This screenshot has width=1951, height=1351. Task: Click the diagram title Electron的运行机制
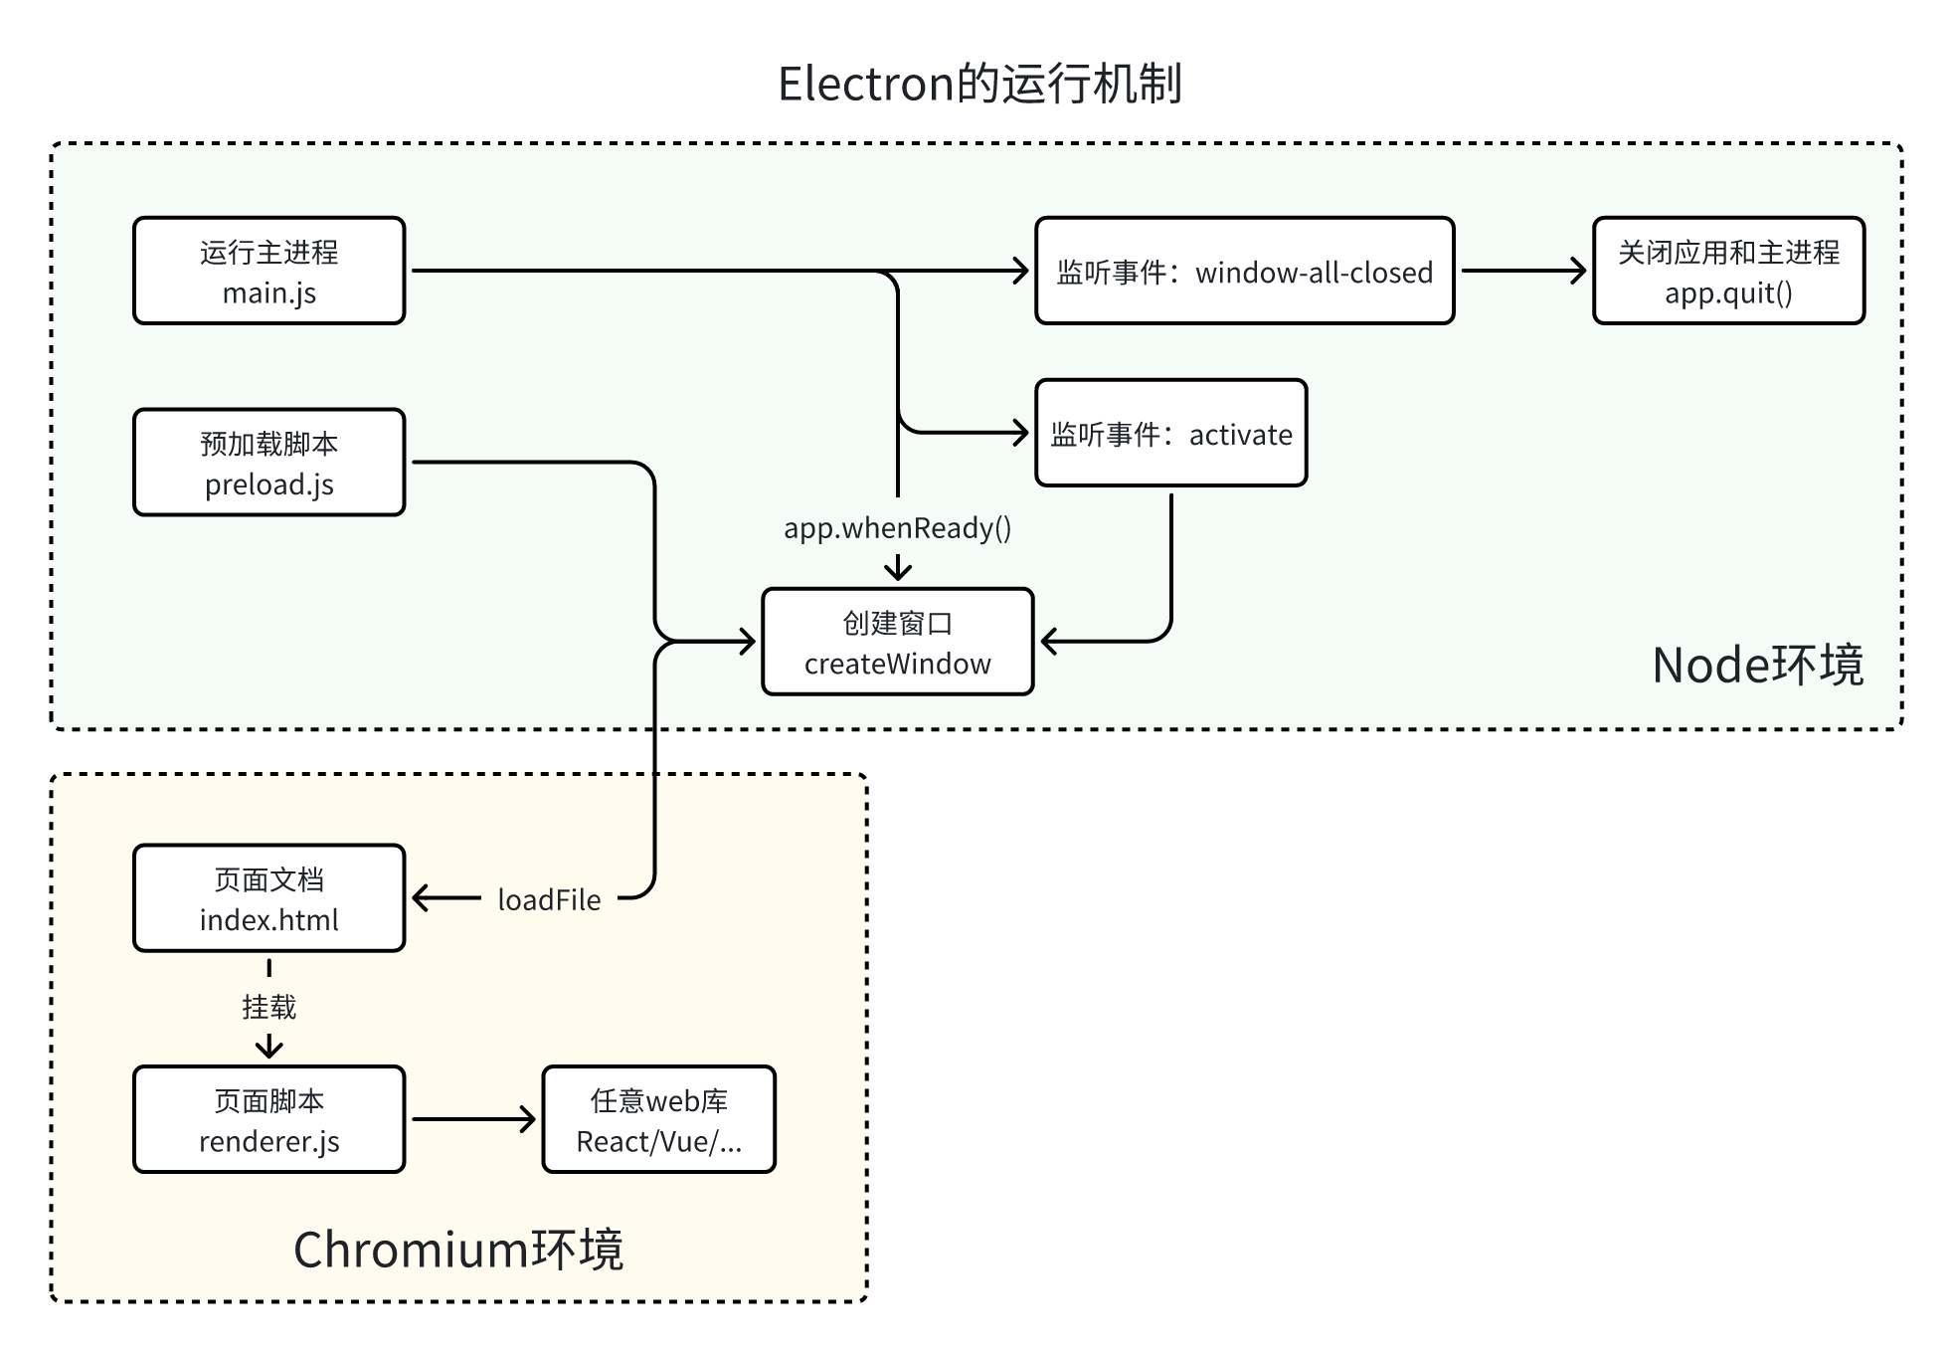point(979,84)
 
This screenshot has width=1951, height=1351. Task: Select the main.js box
point(269,271)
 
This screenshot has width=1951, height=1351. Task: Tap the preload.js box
point(269,463)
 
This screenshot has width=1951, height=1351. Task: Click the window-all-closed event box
point(1244,271)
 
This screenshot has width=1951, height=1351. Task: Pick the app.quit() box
point(1728,271)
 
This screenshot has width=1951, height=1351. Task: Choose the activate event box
point(1170,433)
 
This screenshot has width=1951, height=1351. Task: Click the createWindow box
point(897,642)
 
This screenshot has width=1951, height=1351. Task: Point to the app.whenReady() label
point(897,527)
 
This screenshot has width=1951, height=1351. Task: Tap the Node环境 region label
point(1757,665)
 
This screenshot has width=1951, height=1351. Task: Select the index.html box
point(269,898)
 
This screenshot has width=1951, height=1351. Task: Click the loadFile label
point(549,899)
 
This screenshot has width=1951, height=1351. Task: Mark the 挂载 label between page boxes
point(269,1007)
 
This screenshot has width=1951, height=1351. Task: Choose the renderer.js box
point(269,1119)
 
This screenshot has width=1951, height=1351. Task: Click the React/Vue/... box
point(658,1119)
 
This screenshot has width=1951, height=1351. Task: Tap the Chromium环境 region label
point(458,1249)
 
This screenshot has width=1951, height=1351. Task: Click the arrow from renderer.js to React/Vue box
point(473,1119)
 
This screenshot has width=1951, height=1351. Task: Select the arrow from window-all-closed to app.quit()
point(1522,271)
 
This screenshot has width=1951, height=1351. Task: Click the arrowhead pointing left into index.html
point(421,898)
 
